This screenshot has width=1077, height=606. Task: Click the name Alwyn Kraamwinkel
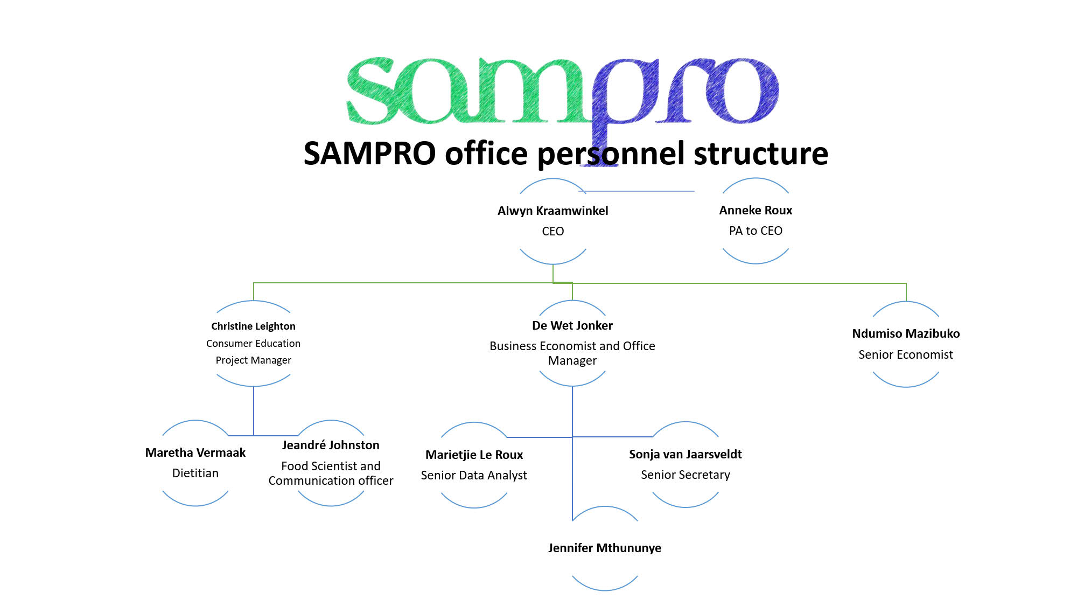[x=553, y=211]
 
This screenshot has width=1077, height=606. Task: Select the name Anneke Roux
[x=756, y=210]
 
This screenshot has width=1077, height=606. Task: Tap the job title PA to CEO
[x=756, y=231]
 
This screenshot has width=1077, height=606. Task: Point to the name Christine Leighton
[x=253, y=326]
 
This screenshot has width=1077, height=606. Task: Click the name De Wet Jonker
[x=572, y=325]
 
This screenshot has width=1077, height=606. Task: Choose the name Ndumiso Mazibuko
[x=906, y=333]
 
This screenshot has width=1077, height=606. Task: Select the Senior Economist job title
[x=906, y=354]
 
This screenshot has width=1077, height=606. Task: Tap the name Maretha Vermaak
[x=195, y=452]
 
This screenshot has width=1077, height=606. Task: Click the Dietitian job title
[x=195, y=473]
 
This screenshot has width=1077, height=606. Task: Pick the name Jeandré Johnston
[x=331, y=445]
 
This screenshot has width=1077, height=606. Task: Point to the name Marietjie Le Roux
[x=474, y=455]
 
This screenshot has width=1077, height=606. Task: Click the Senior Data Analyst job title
[x=474, y=475]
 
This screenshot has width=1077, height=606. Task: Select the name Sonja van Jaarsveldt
[x=685, y=454]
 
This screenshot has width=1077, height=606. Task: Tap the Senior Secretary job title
[x=685, y=475]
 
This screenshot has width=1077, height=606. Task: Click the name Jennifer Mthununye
[x=604, y=548]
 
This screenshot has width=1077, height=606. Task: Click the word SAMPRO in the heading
[x=369, y=154]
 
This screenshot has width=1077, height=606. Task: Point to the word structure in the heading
[x=761, y=154]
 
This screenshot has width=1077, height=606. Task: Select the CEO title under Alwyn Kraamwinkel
[x=553, y=231]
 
